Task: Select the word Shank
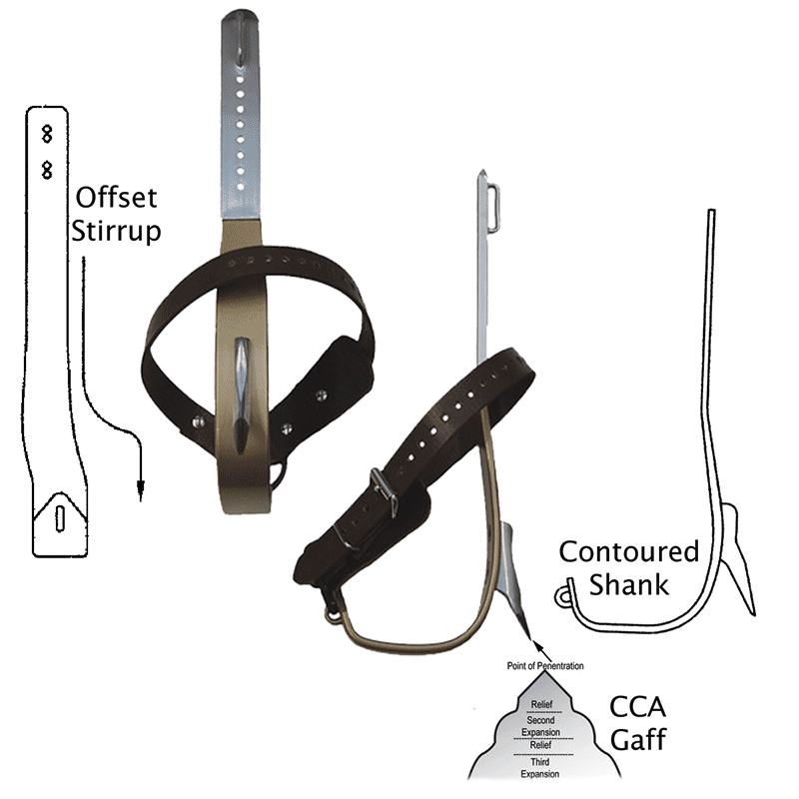point(628,583)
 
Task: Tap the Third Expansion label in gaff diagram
point(539,768)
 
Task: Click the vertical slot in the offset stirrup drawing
point(59,518)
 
